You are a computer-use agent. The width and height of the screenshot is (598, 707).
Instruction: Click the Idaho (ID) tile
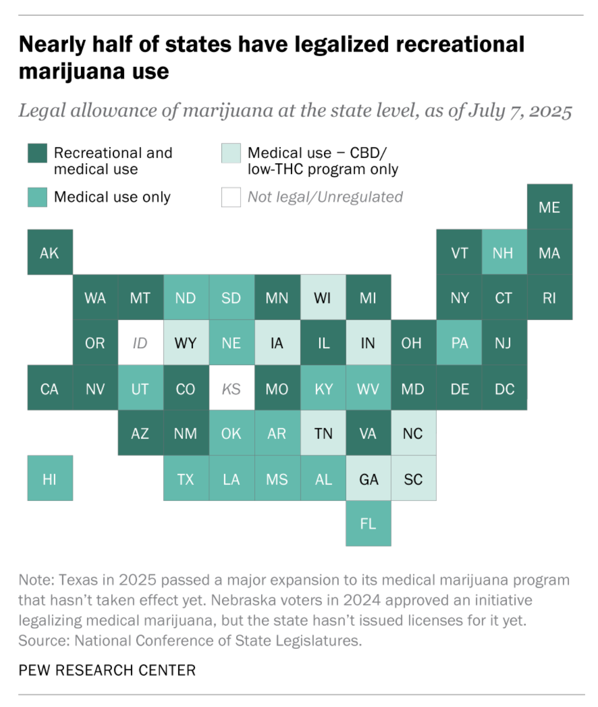click(140, 343)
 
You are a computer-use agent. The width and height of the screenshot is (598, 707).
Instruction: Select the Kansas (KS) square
click(231, 388)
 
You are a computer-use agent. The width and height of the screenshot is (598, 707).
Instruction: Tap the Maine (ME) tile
click(549, 207)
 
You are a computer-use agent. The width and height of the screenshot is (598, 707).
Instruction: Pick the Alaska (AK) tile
click(50, 252)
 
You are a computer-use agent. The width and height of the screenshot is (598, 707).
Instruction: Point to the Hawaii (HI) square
click(50, 479)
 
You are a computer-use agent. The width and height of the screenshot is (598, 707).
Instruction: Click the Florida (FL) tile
click(368, 524)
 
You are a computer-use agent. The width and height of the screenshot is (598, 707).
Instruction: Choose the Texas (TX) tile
click(186, 479)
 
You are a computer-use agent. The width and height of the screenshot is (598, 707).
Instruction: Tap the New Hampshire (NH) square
click(504, 252)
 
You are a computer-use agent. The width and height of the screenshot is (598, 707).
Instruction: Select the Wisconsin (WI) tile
click(323, 298)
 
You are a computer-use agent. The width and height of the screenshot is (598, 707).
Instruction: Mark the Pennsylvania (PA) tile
click(459, 343)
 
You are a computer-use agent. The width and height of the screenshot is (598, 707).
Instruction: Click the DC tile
click(505, 388)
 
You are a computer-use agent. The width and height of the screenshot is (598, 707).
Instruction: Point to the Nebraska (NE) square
click(231, 343)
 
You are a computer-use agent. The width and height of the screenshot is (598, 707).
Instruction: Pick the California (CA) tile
click(50, 388)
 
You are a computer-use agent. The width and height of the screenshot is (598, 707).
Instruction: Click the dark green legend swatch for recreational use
click(37, 153)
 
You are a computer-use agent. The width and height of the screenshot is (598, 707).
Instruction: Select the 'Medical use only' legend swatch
click(37, 197)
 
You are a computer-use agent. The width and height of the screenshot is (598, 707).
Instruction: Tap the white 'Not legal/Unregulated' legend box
click(231, 197)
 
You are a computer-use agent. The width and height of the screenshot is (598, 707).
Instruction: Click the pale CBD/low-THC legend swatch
click(231, 153)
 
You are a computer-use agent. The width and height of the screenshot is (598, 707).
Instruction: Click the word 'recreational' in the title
click(460, 45)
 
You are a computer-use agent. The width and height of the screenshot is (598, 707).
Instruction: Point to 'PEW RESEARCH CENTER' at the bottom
click(107, 670)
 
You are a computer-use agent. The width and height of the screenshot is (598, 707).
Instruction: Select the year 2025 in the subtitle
click(551, 111)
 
